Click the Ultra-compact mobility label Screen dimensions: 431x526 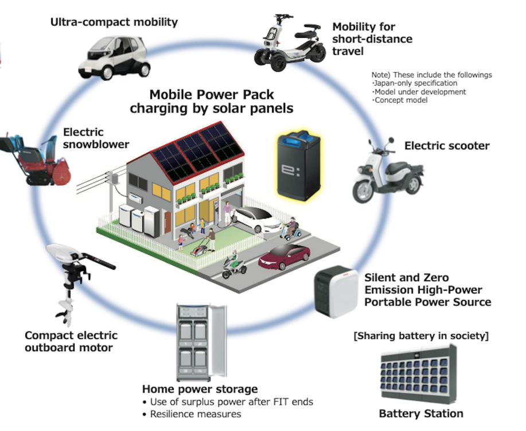[114, 22]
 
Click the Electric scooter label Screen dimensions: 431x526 [447, 146]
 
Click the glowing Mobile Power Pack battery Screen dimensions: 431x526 [299, 166]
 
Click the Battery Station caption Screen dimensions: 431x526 [420, 413]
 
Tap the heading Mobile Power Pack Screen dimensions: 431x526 [212, 94]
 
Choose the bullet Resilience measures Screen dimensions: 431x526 [195, 414]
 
